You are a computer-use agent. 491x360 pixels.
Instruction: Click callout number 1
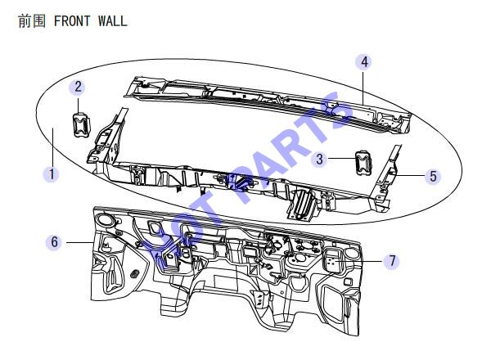pos(52,174)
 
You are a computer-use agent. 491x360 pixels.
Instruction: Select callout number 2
pos(78,87)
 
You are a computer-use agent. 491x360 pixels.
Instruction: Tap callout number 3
pos(319,159)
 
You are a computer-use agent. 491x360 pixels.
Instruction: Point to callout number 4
pos(364,62)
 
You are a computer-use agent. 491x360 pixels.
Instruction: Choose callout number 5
pos(433,176)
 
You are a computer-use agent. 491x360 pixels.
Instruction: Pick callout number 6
pos(54,242)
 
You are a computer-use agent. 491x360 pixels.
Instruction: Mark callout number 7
pos(392,261)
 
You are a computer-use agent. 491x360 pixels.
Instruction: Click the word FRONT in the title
pos(72,21)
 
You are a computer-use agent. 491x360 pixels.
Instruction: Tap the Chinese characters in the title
pos(32,21)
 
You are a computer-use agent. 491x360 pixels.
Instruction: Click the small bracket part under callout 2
pos(81,124)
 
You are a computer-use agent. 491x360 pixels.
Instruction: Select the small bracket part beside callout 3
pos(363,163)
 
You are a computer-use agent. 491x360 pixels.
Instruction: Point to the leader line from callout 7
pos(360,261)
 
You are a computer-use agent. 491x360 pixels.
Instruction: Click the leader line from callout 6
pos(80,242)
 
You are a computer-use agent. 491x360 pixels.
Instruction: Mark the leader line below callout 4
pos(363,88)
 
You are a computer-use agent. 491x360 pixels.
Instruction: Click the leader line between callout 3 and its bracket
pos(342,159)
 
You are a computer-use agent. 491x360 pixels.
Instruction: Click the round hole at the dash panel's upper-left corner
pos(105,219)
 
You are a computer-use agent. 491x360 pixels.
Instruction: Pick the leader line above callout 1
pos(52,146)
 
